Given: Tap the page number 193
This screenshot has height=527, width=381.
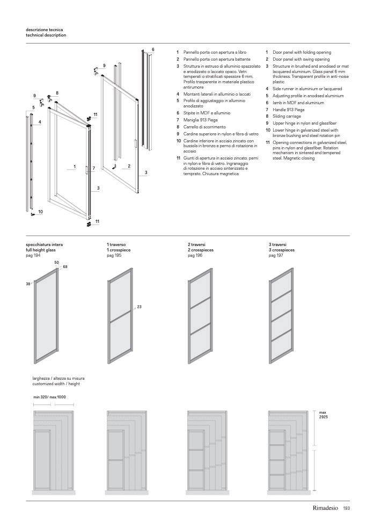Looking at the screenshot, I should point(347,509).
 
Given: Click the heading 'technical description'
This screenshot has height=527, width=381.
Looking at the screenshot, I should point(46,35).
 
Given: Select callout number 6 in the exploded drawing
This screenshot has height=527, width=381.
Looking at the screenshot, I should point(153,49).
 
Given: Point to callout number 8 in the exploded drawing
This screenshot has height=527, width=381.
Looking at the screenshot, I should point(57,93).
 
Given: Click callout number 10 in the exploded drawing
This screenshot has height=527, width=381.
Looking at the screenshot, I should point(40,212).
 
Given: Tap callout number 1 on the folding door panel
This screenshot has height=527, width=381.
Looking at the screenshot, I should point(74,167).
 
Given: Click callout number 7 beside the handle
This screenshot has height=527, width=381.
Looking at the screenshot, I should point(93,168).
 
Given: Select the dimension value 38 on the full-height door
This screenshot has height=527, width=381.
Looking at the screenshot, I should point(28,284).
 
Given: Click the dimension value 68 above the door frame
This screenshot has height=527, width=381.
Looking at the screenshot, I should point(65,267).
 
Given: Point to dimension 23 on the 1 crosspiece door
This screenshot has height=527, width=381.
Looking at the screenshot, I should point(139,306).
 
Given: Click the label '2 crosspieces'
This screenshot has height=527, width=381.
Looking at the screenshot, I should point(201,250).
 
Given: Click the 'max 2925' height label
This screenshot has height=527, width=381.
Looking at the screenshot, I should point(323,415).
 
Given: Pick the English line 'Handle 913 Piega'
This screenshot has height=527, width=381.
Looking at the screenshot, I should point(289,110).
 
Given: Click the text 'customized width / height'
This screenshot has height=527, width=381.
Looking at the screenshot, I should point(56,384).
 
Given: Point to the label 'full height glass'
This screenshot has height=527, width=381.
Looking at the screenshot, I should point(41,250).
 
